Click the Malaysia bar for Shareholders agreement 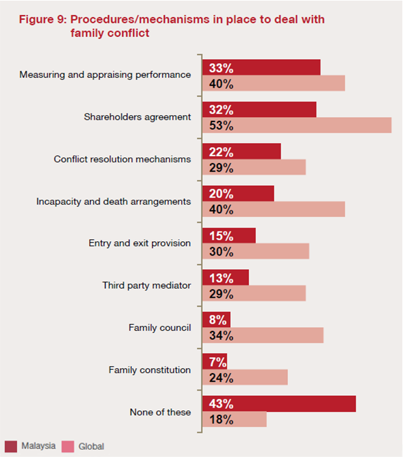coord(259,109)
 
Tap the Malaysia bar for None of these coord(279,403)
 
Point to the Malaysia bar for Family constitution coord(214,361)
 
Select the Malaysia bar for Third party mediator coord(226,278)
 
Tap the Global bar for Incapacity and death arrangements coord(274,209)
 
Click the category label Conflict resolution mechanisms coord(122,159)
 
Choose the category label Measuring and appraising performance coord(105,75)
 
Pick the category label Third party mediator coord(146,285)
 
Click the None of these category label coord(160,412)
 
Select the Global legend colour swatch coord(68,447)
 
